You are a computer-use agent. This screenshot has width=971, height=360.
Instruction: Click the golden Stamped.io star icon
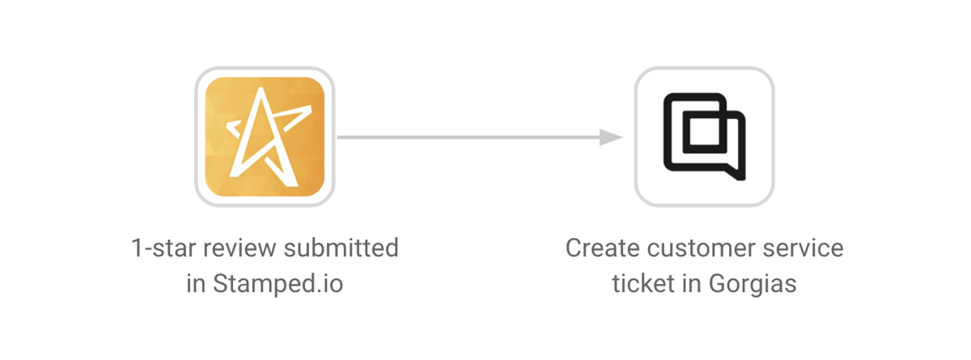click(265, 137)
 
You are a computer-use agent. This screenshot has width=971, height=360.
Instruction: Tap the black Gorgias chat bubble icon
click(705, 137)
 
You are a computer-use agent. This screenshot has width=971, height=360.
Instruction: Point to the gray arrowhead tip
click(623, 138)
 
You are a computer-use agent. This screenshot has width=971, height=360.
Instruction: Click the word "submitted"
click(341, 248)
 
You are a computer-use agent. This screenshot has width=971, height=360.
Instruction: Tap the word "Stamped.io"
click(278, 284)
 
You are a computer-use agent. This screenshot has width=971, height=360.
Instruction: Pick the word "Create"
click(603, 248)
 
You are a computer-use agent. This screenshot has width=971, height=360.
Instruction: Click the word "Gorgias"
click(753, 284)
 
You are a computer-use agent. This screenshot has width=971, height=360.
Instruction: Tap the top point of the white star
click(261, 88)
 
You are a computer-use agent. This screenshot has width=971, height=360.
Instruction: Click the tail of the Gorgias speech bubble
click(737, 173)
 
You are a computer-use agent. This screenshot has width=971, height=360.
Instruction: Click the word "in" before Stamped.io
click(196, 284)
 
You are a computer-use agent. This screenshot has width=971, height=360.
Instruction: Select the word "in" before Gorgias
click(692, 284)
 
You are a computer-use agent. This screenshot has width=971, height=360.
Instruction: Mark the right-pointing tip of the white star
click(311, 107)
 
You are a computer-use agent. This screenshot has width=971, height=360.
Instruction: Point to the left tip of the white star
click(227, 126)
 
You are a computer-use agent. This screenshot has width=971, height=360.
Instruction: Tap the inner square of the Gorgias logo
click(705, 131)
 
